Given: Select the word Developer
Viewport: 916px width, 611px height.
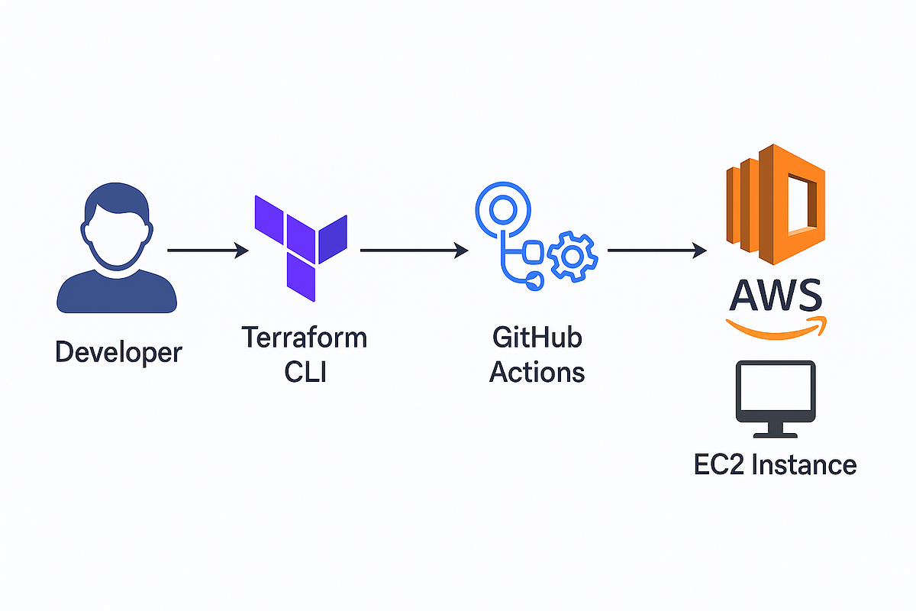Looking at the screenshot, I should click(119, 352).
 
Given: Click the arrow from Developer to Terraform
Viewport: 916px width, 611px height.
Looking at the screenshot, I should click(208, 250).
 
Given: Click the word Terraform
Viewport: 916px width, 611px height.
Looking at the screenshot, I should click(304, 337).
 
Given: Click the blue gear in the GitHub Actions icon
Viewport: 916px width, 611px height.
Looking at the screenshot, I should click(572, 255).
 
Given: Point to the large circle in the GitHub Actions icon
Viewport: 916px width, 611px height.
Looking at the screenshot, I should click(502, 209).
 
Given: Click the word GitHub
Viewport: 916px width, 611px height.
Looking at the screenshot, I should click(536, 337).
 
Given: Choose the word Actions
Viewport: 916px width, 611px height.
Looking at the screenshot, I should click(537, 372).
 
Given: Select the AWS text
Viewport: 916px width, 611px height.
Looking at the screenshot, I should click(775, 295).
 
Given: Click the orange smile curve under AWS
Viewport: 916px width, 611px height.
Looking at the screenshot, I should click(775, 327).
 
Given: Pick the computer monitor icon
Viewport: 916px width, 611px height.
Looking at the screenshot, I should click(775, 397).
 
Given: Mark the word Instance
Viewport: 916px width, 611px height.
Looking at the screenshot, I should click(805, 464).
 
